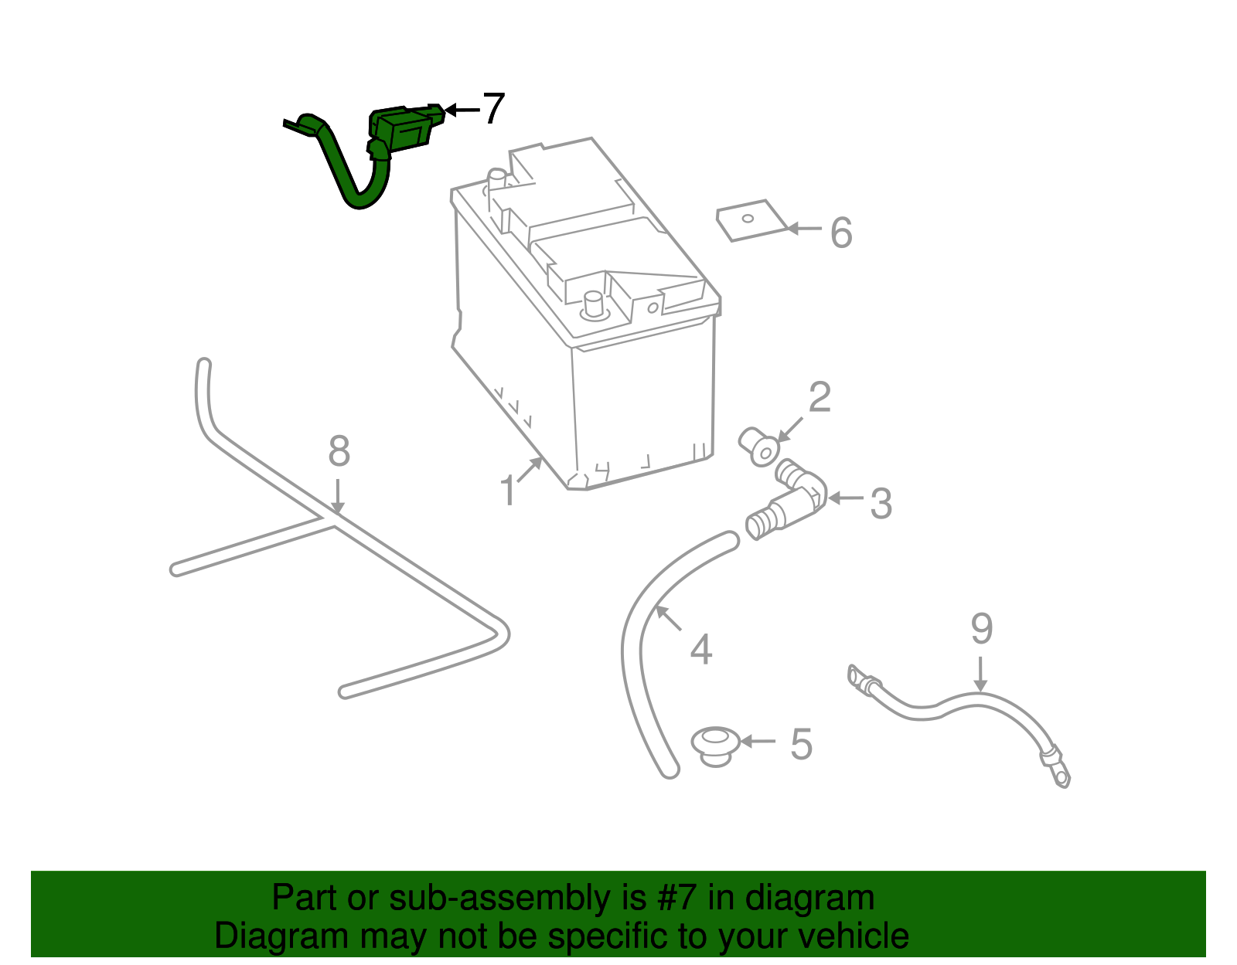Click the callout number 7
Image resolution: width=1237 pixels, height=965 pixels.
493,109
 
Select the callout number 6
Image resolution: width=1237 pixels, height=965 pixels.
841,233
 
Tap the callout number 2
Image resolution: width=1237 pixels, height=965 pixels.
820,397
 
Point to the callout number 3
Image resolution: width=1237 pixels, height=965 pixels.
881,504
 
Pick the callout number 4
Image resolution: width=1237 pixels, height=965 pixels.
700,650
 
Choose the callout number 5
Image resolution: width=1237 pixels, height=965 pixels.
801,744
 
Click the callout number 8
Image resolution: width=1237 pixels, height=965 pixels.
339,451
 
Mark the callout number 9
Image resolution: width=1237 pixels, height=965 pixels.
981,629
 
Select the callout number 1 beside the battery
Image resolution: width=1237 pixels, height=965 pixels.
507,491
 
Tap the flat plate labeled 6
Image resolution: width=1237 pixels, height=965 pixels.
750,221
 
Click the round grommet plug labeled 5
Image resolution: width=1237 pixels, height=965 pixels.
715,744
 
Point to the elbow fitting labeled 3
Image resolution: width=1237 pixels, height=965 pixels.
796,498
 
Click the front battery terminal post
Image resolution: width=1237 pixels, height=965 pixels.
594,304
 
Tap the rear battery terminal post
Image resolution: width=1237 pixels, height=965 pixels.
496,180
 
